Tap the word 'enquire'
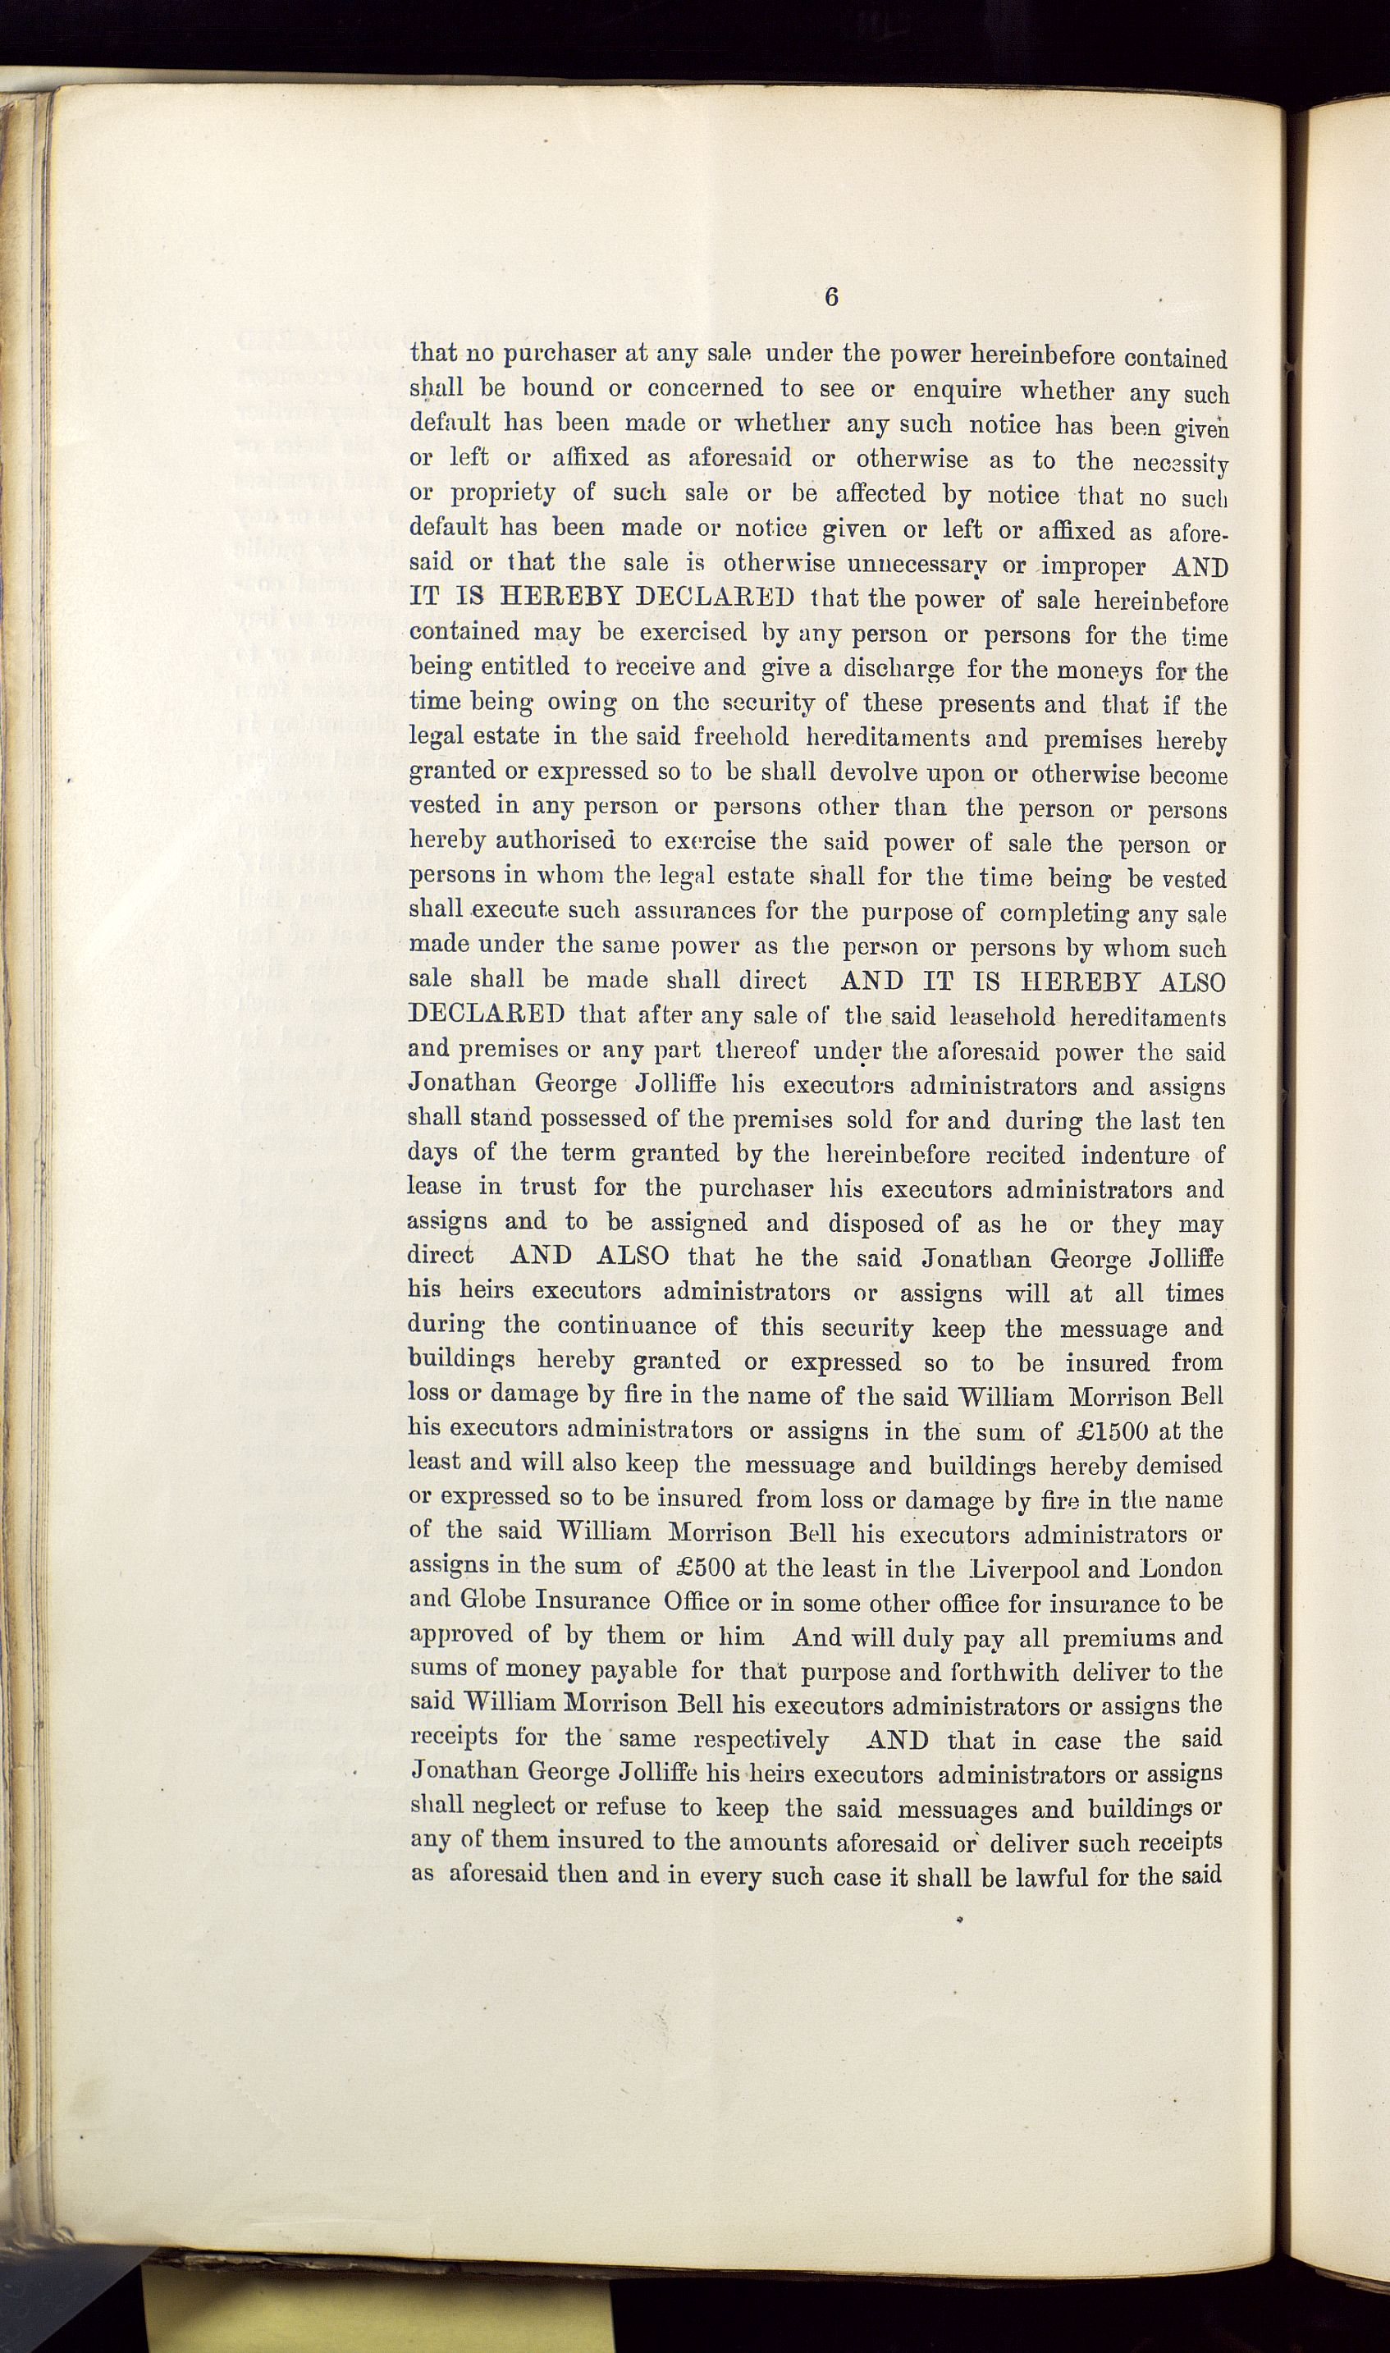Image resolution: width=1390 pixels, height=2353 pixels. click(958, 390)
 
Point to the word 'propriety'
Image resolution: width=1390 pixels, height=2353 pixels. click(482, 493)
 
